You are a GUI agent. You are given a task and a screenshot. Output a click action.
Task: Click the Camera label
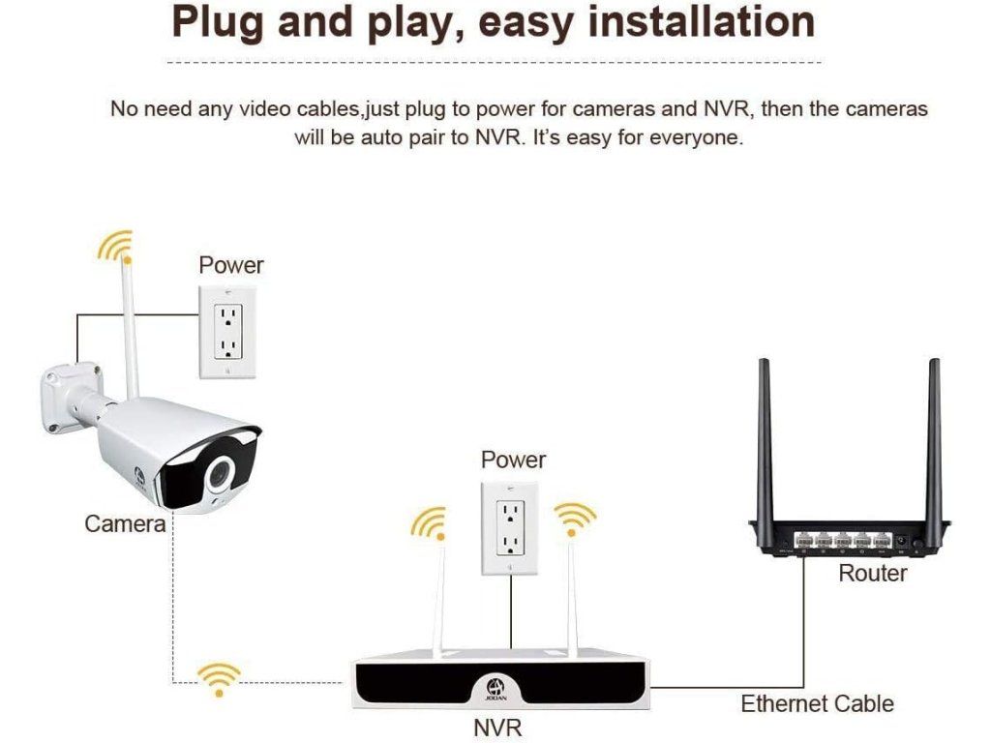pos(125,523)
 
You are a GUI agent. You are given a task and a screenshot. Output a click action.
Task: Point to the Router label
pos(872,573)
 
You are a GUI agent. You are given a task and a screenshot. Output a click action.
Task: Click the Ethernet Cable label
pos(817,703)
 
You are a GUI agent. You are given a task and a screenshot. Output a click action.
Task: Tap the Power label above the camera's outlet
pos(231,264)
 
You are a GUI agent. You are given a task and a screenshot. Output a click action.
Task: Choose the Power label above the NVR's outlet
pos(513,460)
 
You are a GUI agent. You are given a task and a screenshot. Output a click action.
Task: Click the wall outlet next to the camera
pos(225,331)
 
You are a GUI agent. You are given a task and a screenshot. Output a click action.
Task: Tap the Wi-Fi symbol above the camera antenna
pos(115,246)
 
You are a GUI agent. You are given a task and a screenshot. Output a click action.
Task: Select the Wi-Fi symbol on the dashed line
pos(220,678)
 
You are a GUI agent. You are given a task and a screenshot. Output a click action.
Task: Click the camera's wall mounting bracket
pos(68,397)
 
